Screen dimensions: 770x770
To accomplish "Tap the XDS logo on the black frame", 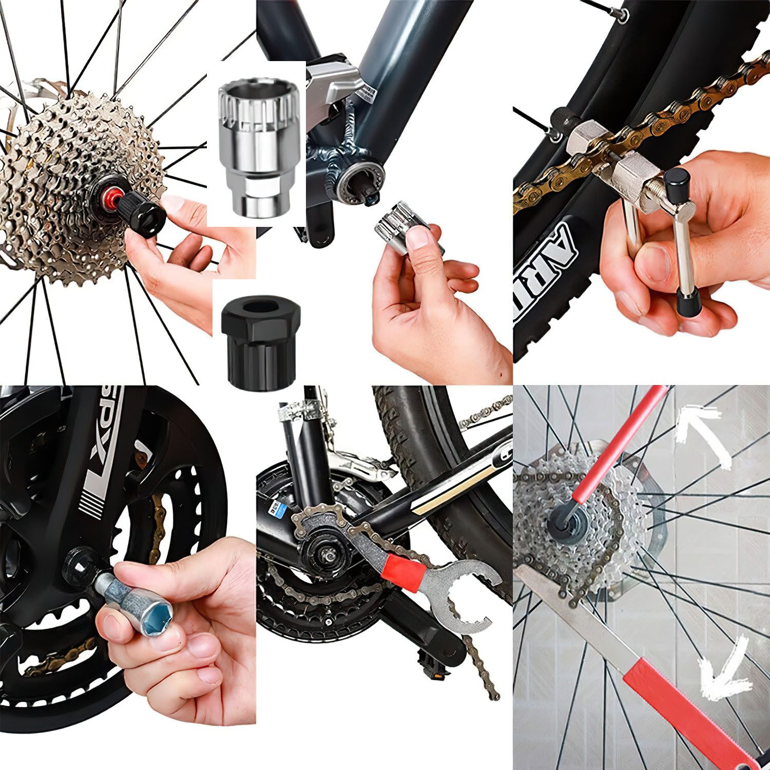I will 103,452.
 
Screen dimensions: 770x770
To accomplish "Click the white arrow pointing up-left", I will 703,434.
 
